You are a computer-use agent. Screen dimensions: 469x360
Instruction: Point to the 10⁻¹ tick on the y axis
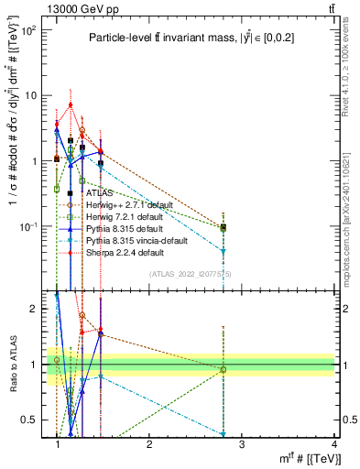[29, 226]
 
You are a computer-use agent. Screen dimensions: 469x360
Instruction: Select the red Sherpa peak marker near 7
[70, 105]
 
